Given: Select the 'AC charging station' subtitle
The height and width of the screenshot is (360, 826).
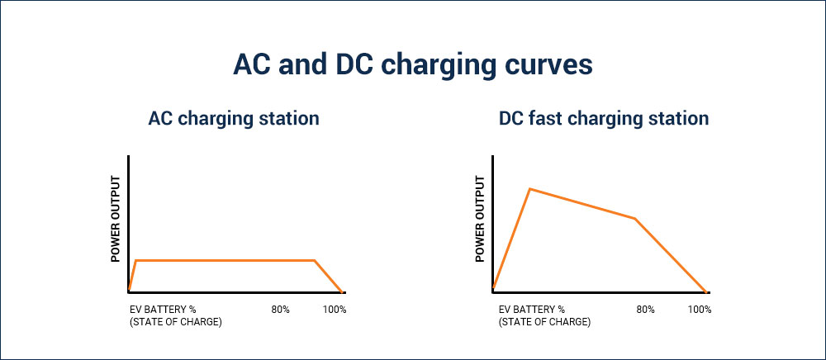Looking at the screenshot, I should [234, 118].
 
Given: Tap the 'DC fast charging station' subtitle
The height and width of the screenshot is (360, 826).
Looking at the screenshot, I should [604, 118].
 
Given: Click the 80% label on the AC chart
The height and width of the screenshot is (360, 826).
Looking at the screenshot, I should [280, 310].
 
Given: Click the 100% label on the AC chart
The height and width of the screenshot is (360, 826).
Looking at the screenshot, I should [335, 310].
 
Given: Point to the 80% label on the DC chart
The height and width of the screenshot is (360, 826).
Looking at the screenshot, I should [646, 310].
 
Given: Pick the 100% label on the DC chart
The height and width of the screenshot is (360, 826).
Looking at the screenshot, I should [700, 310].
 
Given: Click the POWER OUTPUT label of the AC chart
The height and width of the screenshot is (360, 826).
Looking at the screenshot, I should [116, 220].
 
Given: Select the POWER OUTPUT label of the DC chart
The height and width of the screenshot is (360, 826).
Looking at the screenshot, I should [480, 220].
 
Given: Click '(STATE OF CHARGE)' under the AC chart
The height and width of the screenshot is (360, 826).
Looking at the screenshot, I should [175, 321].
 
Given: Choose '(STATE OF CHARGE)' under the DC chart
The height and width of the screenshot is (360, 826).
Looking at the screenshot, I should [544, 321].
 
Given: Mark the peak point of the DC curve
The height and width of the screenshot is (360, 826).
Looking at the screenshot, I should [529, 189].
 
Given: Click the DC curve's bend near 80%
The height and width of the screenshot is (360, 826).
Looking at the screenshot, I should [634, 219].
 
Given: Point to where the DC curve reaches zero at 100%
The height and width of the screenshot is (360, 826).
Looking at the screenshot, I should [706, 291].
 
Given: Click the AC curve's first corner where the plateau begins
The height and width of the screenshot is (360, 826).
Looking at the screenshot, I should [135, 261].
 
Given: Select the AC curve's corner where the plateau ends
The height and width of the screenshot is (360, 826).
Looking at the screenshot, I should [316, 261].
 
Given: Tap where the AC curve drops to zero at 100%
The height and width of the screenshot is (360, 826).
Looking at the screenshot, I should [342, 291].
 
